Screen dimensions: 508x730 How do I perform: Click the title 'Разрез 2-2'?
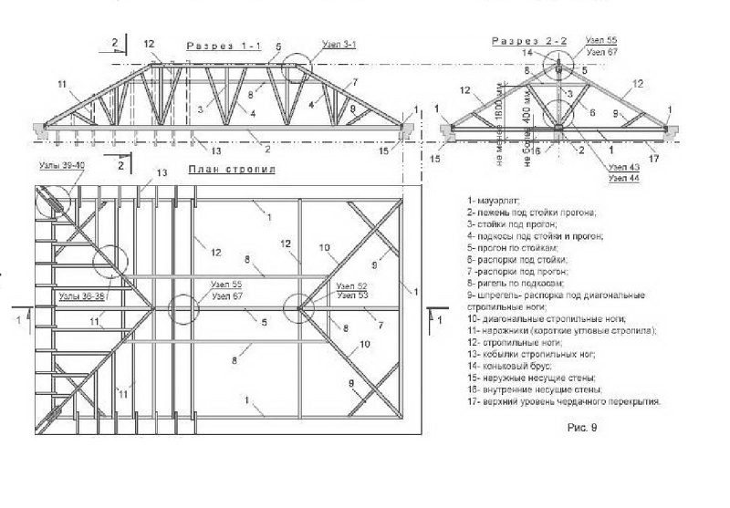point(528,41)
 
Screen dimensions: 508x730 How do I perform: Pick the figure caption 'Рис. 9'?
point(582,425)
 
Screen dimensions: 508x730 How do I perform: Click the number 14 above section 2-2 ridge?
point(527,53)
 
